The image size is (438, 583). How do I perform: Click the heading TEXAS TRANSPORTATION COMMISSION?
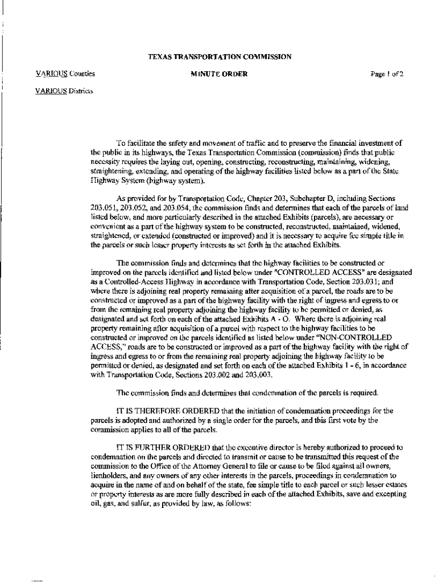click(x=220, y=57)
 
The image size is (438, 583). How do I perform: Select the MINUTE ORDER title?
click(x=220, y=74)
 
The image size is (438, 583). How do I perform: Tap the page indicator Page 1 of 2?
click(x=386, y=74)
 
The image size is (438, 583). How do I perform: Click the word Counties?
click(x=82, y=74)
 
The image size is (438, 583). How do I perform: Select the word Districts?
click(x=82, y=91)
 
